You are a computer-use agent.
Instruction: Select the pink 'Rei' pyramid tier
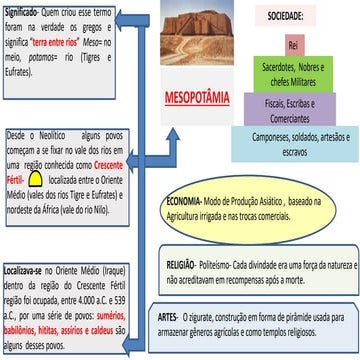point(293,45)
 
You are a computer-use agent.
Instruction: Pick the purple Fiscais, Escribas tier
point(293,107)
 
